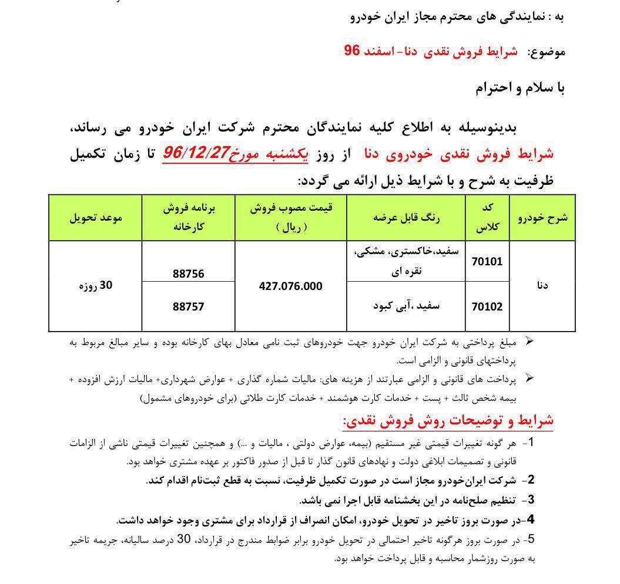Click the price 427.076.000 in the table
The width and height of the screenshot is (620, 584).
pos(290,286)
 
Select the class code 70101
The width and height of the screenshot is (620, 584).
pos(487,261)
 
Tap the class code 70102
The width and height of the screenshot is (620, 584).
pos(487,306)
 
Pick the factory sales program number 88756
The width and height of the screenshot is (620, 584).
pos(188,274)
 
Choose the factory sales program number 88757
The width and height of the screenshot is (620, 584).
pos(188,306)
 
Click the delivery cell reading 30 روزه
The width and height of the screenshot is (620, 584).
pos(95,286)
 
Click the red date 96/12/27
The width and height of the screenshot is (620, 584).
pos(197,153)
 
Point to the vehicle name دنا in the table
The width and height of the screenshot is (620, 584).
pos(542,286)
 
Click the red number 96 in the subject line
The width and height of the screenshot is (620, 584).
pos(351,51)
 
